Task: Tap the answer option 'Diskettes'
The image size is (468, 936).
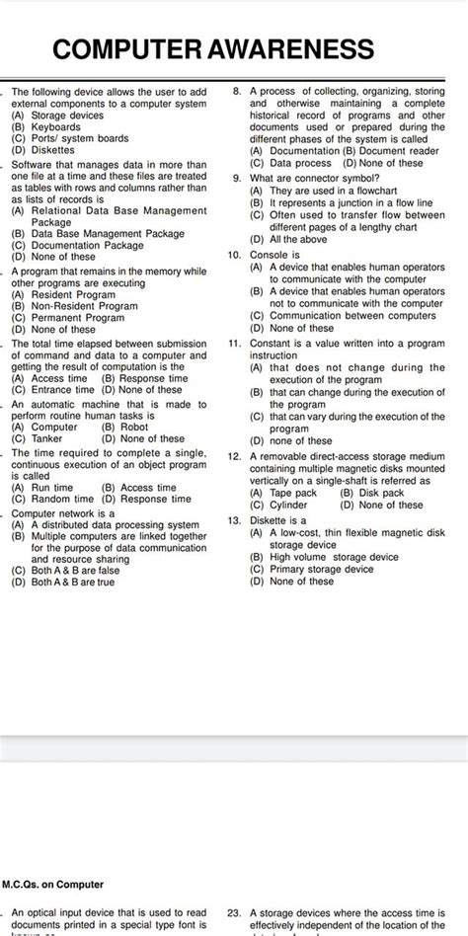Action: (53, 150)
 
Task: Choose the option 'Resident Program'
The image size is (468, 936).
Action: (73, 294)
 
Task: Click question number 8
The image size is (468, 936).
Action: (237, 91)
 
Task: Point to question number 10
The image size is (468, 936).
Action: (235, 254)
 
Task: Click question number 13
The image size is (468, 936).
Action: (235, 519)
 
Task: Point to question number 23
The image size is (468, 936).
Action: (235, 914)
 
